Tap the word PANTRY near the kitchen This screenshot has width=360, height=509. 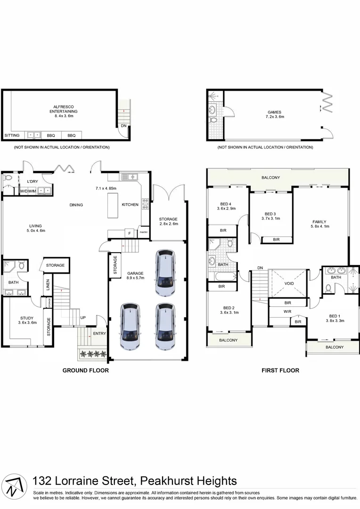point(144,232)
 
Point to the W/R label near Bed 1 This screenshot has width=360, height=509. point(287,312)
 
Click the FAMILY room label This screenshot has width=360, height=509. point(319,222)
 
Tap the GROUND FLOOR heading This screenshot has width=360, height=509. point(86,370)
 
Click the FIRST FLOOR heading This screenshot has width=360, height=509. point(280,370)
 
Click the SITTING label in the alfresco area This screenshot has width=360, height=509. point(12,135)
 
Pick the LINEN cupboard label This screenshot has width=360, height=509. point(48,286)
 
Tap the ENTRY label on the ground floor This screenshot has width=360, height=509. point(99,333)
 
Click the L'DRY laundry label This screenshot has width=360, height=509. point(33,181)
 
